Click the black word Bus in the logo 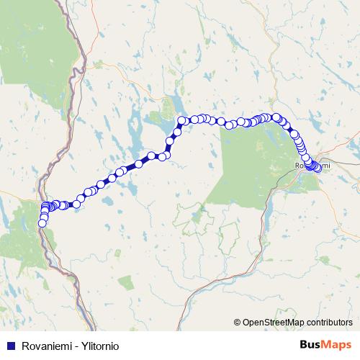[x=310, y=345]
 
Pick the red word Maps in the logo [x=336, y=345]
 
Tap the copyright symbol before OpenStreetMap [x=238, y=323]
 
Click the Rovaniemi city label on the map [x=311, y=166]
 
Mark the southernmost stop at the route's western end [x=42, y=223]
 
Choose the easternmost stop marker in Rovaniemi [x=318, y=168]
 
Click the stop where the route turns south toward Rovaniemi [x=276, y=117]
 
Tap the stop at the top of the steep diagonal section [x=181, y=120]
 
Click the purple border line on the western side [x=78, y=58]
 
